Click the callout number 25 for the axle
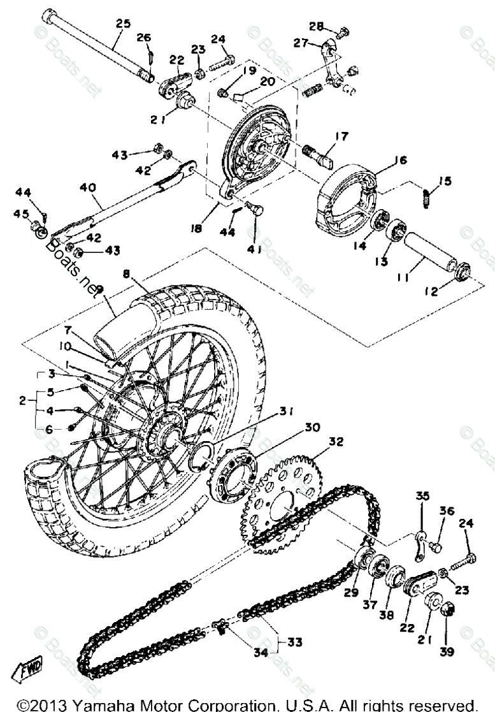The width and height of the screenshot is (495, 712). pos(123,24)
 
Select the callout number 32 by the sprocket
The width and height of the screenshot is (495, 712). pos(336,440)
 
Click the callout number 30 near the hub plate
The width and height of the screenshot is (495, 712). pos(311,428)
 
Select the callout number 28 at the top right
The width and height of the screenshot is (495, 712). pos(317,26)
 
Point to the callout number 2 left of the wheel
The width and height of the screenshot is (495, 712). pos(24,401)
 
